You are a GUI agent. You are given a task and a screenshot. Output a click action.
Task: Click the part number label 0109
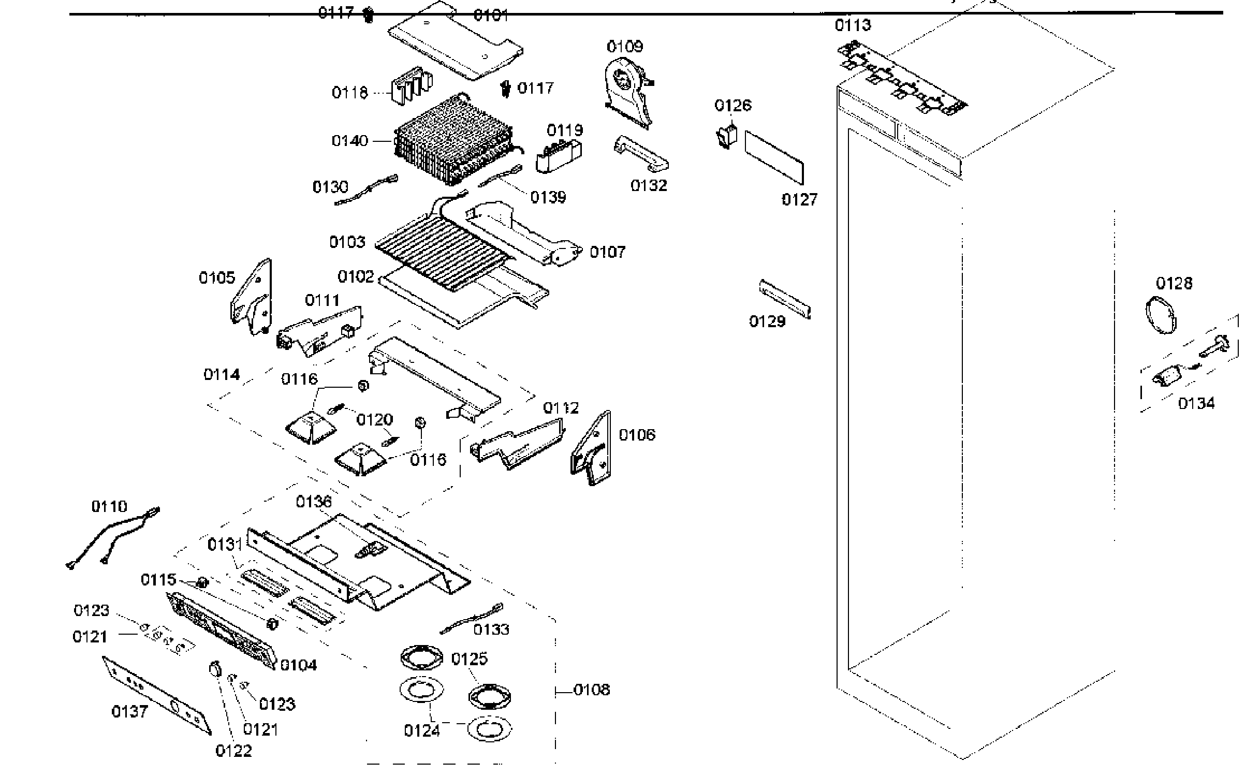[x=625, y=47]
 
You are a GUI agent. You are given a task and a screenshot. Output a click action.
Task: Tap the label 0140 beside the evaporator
[x=350, y=141]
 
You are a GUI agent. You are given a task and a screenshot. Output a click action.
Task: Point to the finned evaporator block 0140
[x=453, y=140]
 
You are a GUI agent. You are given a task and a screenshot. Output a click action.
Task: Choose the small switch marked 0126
[x=728, y=136]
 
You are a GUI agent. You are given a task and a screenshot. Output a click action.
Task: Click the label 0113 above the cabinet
[x=853, y=25]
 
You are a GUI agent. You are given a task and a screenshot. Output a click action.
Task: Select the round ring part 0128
[x=1160, y=315]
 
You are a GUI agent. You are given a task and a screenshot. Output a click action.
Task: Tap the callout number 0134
[x=1196, y=403]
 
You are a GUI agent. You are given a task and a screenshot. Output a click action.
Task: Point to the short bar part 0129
[x=785, y=300]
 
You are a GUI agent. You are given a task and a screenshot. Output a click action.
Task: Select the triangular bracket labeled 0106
[x=592, y=448]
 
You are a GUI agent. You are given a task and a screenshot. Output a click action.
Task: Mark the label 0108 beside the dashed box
[x=592, y=690]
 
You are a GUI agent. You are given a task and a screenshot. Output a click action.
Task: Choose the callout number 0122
[x=233, y=751]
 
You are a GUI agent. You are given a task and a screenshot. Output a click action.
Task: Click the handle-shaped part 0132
[x=641, y=154]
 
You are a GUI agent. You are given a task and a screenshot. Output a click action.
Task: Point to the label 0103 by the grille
[x=347, y=242]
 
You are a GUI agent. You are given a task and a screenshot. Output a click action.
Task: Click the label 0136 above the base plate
[x=314, y=502]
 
